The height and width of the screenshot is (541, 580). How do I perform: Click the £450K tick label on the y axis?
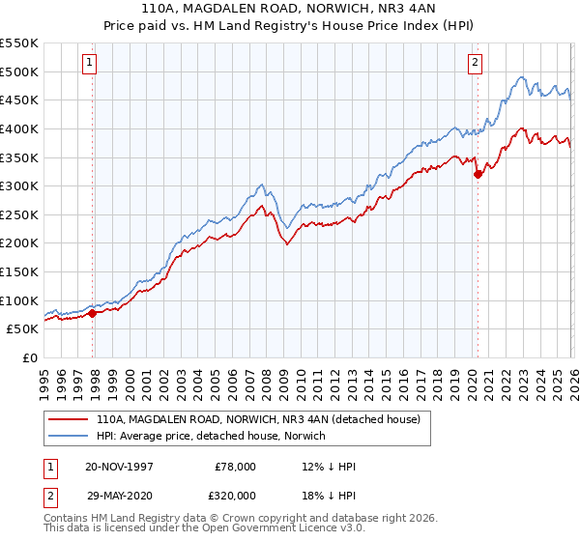tap(19, 100)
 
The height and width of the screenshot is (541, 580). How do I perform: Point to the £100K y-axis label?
tap(19, 300)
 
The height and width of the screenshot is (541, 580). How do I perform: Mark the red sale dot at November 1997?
tap(93, 313)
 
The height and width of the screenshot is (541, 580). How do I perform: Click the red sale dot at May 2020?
tap(478, 175)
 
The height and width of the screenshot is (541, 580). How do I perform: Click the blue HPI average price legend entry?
tap(211, 437)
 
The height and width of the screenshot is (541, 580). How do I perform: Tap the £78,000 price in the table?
tap(235, 467)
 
